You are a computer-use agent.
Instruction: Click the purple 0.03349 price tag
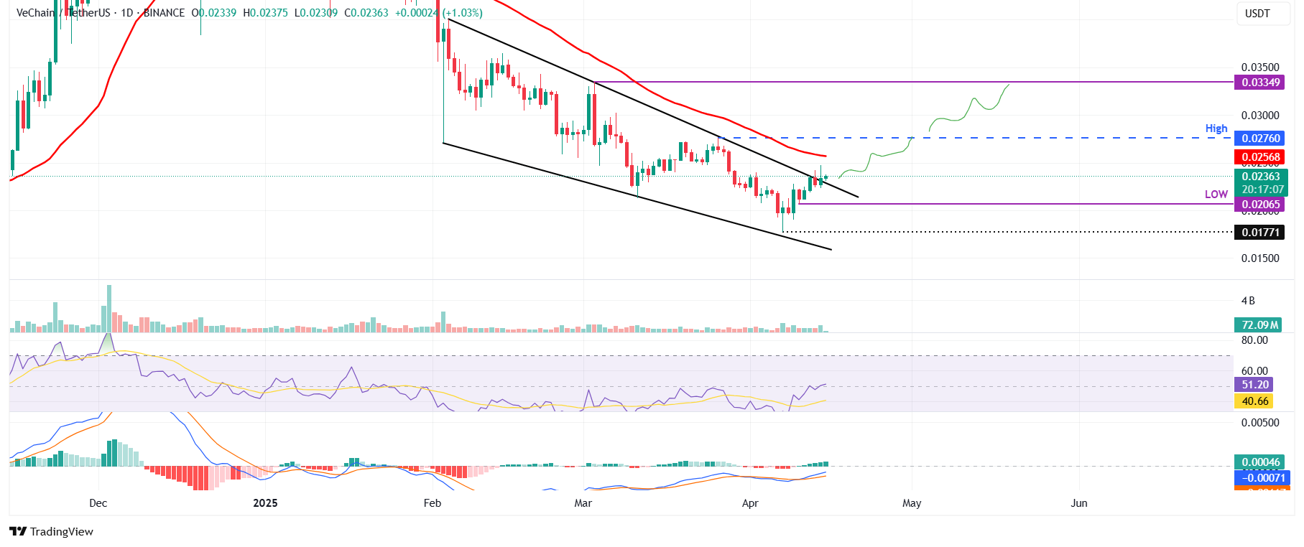pos(1260,83)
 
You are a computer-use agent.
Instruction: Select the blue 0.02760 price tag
pos(1260,139)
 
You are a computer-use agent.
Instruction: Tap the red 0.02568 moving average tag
pos(1260,157)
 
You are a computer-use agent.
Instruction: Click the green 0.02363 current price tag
pos(1260,177)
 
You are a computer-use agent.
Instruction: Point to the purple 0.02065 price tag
pos(1260,205)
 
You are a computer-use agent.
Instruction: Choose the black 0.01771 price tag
pos(1260,232)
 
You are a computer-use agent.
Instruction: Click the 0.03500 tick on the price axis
pos(1260,67)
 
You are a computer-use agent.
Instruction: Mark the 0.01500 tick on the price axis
pos(1260,258)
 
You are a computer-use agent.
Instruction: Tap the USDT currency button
pos(1257,14)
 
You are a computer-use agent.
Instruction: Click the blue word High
pos(1216,128)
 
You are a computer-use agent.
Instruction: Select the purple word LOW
pos(1216,195)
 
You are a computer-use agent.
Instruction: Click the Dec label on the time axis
pos(98,503)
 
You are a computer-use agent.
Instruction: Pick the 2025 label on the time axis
pos(265,503)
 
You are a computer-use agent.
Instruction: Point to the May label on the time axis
pos(912,503)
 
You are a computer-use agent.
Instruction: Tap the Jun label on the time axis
pos(1079,503)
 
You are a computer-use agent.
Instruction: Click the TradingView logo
pos(52,531)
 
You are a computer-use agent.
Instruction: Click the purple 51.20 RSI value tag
pos(1254,385)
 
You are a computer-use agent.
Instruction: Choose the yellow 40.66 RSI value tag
pos(1254,401)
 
